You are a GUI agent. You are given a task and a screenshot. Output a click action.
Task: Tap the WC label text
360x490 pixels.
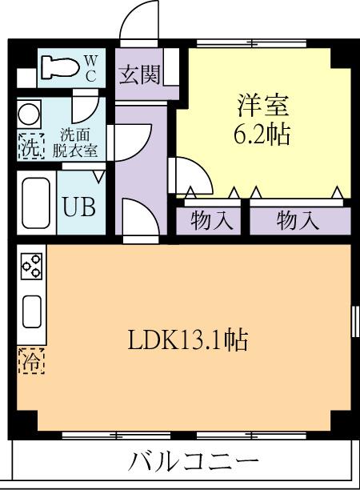click(90, 68)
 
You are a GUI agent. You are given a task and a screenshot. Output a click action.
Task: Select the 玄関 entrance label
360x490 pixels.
click(138, 75)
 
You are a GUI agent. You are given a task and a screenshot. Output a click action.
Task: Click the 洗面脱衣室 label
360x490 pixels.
click(80, 142)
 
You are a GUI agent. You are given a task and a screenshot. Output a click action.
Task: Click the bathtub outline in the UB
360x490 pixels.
click(38, 203)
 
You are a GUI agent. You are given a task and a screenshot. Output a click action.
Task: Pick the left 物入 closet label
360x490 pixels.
click(212, 220)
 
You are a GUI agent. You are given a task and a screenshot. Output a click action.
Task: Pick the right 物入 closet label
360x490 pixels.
click(298, 220)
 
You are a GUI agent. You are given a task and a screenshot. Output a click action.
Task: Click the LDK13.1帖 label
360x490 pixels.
click(188, 340)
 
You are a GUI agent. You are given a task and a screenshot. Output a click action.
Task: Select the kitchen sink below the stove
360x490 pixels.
click(31, 311)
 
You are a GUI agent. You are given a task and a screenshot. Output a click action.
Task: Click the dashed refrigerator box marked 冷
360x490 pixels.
click(30, 361)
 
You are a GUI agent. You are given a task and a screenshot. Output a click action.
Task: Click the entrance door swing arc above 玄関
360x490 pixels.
click(142, 22)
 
